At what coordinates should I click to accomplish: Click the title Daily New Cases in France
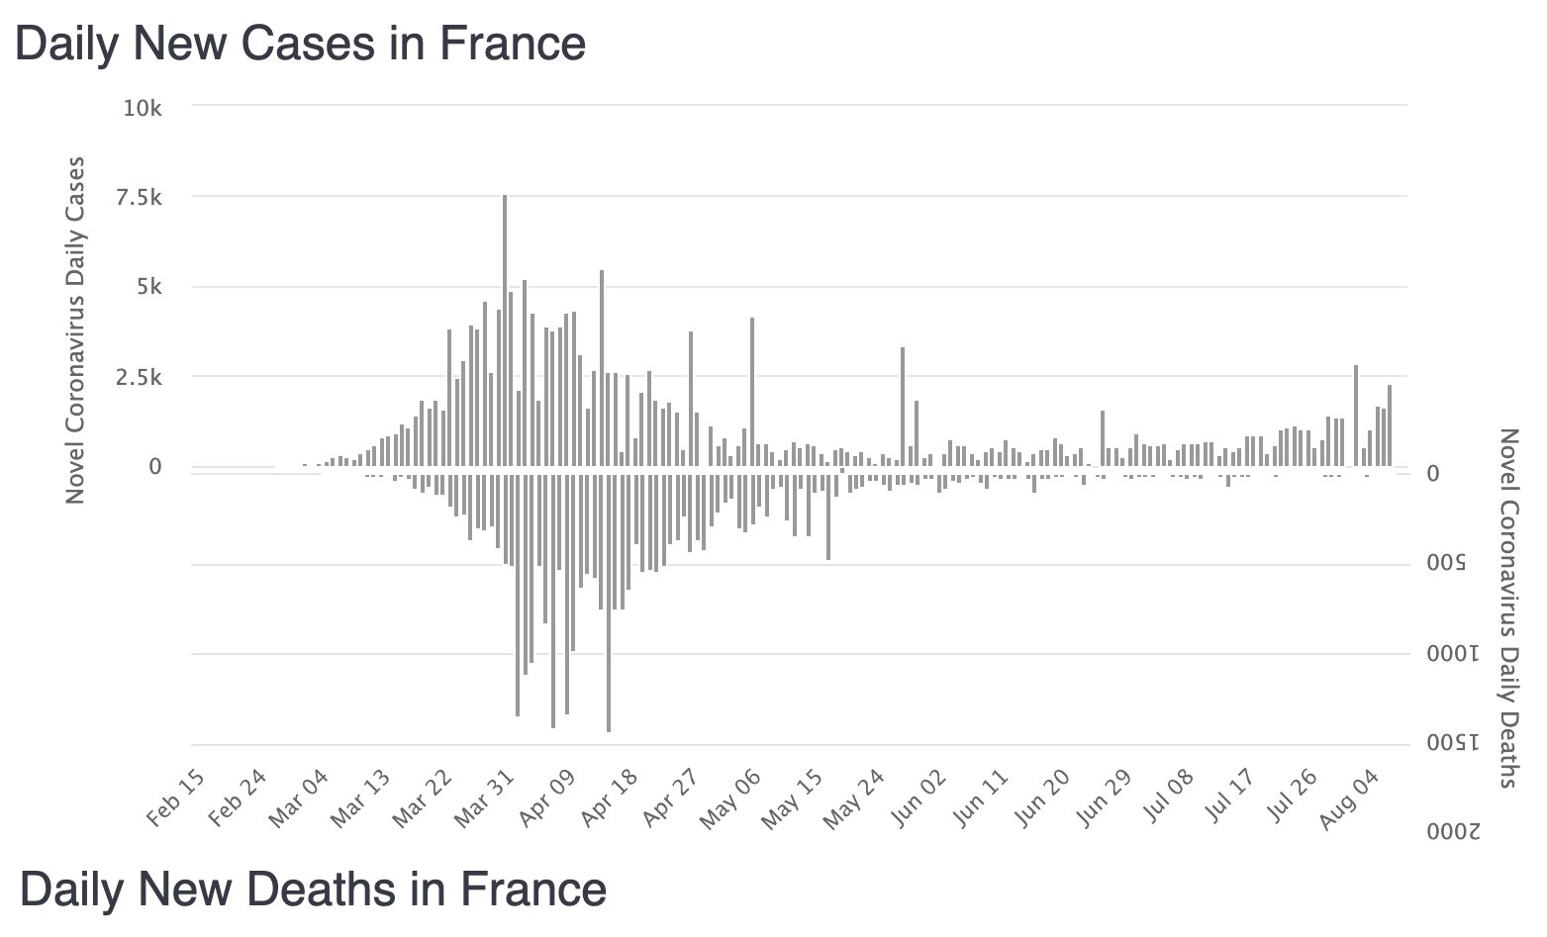(x=300, y=45)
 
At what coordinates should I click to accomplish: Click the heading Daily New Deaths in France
(x=313, y=889)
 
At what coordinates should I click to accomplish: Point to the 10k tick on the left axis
(x=143, y=107)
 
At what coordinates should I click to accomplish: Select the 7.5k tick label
(x=139, y=197)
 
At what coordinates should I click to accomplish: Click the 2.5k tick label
(x=139, y=377)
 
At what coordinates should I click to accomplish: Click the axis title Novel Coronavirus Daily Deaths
(x=1508, y=608)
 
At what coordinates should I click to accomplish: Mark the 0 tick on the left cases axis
(x=155, y=466)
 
